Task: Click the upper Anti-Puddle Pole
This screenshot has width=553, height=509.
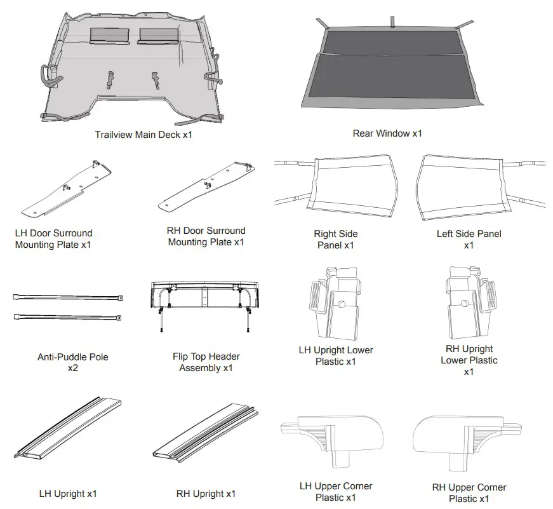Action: click(x=67, y=297)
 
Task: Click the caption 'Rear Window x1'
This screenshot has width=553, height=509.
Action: click(x=387, y=133)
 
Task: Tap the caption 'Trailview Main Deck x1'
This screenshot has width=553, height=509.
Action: click(x=143, y=135)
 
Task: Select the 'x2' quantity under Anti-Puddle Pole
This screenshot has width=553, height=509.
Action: click(x=73, y=368)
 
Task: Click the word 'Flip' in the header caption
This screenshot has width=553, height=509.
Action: click(x=182, y=356)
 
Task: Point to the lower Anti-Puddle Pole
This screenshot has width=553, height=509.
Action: click(x=67, y=316)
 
